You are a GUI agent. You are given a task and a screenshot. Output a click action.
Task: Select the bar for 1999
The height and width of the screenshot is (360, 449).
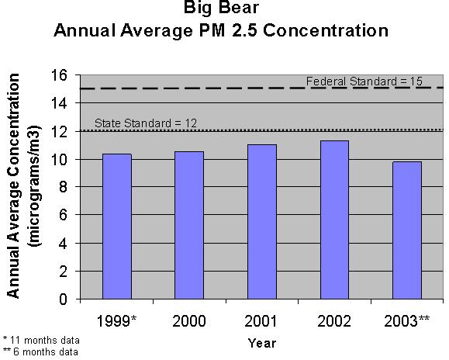click(116, 227)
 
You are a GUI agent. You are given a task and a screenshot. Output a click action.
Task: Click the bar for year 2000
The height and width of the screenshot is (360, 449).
click(188, 225)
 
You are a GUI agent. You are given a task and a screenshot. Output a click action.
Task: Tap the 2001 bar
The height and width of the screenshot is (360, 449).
click(261, 222)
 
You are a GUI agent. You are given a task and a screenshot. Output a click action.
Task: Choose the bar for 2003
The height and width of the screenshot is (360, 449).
click(406, 230)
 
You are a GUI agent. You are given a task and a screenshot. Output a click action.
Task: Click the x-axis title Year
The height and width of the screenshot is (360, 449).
click(261, 342)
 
